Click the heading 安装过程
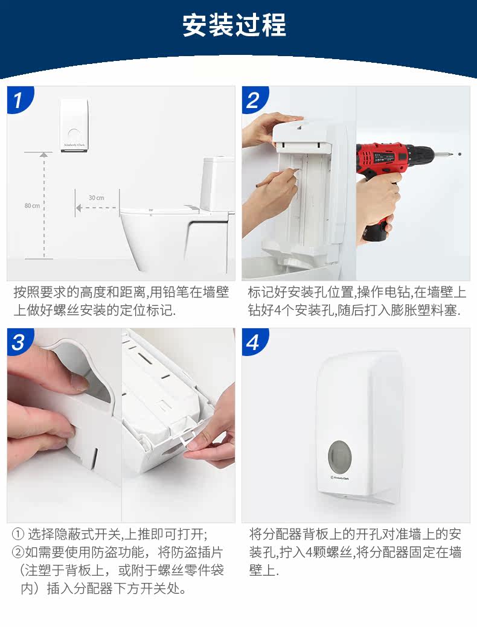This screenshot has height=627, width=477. point(234,25)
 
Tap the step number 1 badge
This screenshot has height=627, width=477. point(19,100)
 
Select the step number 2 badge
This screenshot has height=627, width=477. point(254,100)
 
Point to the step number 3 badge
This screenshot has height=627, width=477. point(19,342)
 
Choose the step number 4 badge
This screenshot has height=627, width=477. point(254,342)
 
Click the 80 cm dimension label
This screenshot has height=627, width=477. point(32,206)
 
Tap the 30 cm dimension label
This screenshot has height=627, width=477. point(97,197)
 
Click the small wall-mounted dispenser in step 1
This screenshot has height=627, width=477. point(74,125)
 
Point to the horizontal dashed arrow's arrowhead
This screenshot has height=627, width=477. point(79,208)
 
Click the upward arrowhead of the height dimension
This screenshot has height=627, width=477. point(44,154)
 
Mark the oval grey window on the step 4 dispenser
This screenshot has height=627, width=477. point(340,456)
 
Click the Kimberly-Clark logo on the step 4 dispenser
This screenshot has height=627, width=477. point(340,478)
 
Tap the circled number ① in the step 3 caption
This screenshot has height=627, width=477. point(18,534)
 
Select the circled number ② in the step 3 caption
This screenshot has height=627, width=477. point(18,552)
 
